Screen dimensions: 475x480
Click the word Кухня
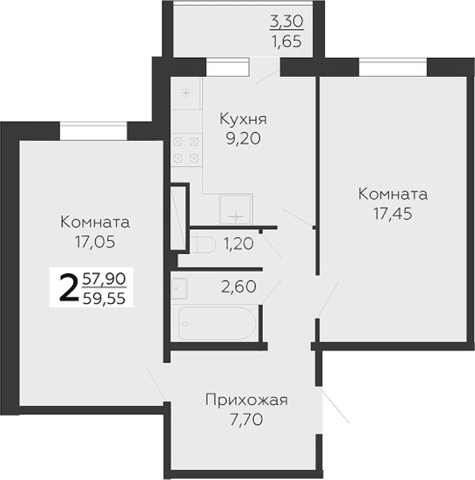pyautogui.click(x=243, y=119)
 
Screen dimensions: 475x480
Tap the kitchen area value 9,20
pyautogui.click(x=243, y=138)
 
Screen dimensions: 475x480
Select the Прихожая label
pyautogui.click(x=247, y=400)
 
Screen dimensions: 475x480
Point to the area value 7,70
pyautogui.click(x=246, y=420)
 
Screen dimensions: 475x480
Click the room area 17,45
pyautogui.click(x=393, y=213)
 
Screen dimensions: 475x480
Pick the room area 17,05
pyautogui.click(x=95, y=242)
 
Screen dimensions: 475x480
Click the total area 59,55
pyautogui.click(x=104, y=298)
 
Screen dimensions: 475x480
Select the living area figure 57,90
pyautogui.click(x=104, y=279)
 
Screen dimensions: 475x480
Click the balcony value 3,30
pyautogui.click(x=287, y=21)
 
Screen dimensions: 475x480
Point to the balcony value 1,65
pyautogui.click(x=287, y=41)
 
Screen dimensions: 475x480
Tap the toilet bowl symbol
pyautogui.click(x=202, y=244)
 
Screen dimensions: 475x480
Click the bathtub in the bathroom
pyautogui.click(x=217, y=323)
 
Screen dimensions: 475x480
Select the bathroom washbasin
pyautogui.click(x=180, y=288)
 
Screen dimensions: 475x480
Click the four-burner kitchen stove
pyautogui.click(x=186, y=150)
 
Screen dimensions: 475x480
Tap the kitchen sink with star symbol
pyautogui.click(x=186, y=93)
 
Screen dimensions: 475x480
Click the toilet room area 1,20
pyautogui.click(x=239, y=244)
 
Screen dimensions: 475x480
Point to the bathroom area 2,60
pyautogui.click(x=239, y=287)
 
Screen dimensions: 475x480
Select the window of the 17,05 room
pyautogui.click(x=93, y=131)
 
